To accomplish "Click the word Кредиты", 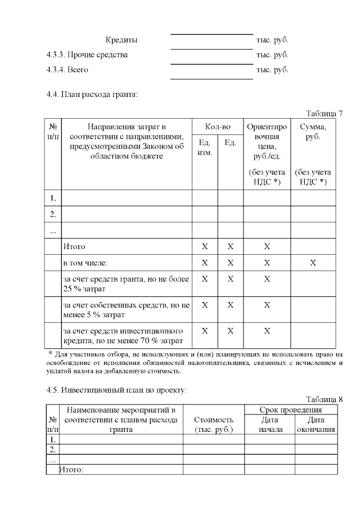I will coord(121,40).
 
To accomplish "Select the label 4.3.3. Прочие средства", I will coord(87,55).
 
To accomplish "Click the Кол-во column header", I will coord(217,127).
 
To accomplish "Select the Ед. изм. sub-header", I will coord(205,148).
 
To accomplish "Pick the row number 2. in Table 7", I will coord(53,214).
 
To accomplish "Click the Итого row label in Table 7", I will coord(75,246).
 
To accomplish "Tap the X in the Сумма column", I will coord(313,263).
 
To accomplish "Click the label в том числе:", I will coord(85,263).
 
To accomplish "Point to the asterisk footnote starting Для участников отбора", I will coord(195,363).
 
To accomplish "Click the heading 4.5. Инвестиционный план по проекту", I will coord(116,389).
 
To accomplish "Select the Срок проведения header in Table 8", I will coord(290,411).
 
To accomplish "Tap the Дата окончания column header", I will coord(316,425).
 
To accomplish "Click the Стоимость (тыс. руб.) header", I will coord(213,425).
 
